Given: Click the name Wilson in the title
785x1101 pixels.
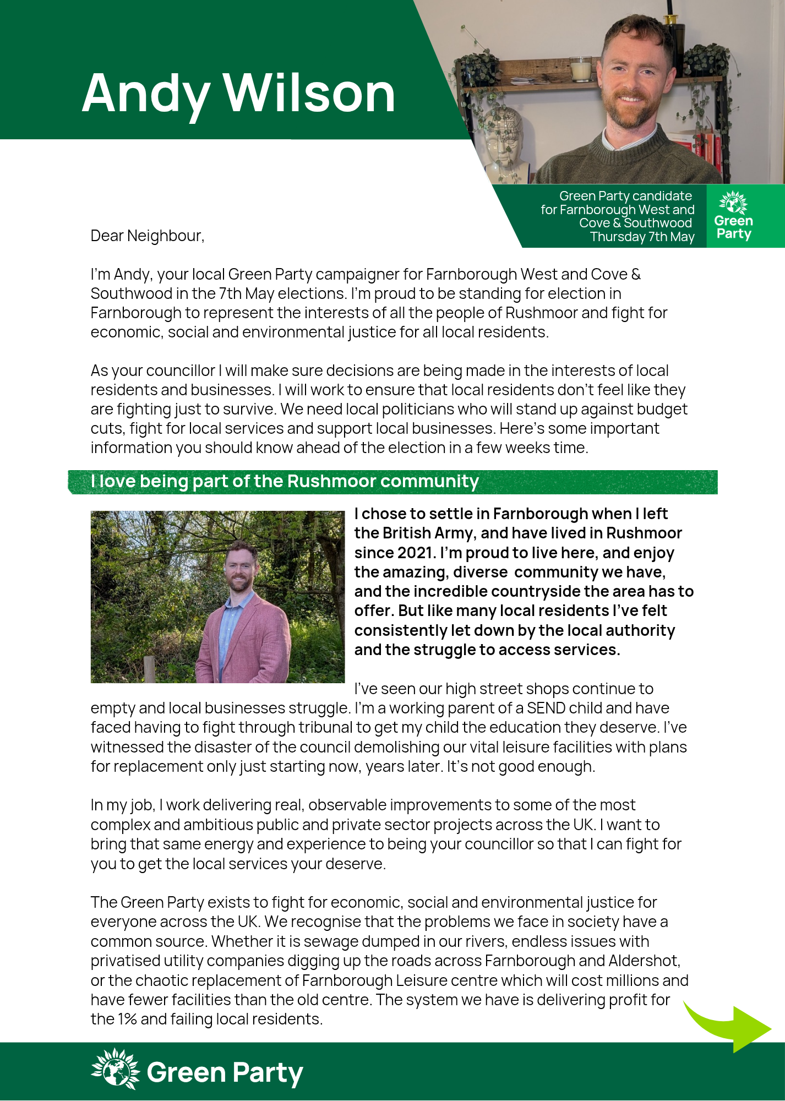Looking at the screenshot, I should (x=309, y=94).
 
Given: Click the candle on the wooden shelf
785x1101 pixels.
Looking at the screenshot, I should (x=580, y=69).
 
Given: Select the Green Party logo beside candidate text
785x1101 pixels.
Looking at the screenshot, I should (x=733, y=216).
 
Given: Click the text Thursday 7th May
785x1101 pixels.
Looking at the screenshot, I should (x=642, y=237).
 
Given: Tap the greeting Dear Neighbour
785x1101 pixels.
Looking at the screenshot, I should (x=147, y=236).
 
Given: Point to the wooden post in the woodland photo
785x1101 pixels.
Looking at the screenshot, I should (x=149, y=669).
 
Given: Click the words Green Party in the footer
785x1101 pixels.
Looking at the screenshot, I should (x=225, y=1072).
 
